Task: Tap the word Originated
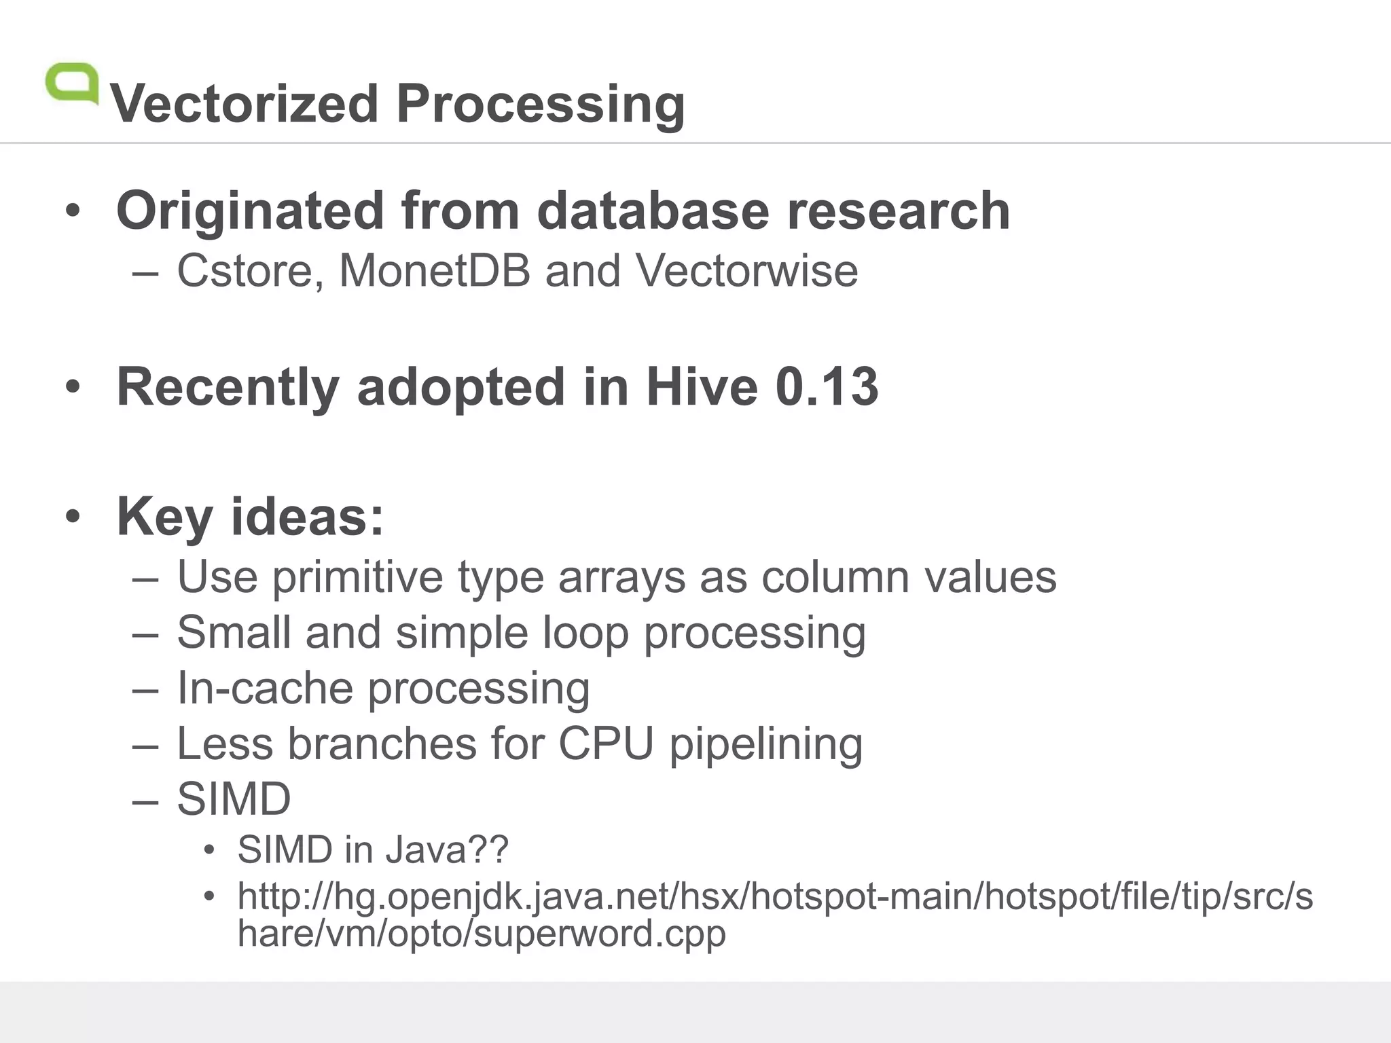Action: click(x=250, y=211)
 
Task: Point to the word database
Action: click(x=653, y=211)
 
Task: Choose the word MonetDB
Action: click(x=435, y=271)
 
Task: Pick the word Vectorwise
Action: click(x=746, y=271)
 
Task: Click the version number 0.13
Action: click(x=827, y=387)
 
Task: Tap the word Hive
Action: click(x=702, y=387)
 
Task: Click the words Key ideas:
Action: click(x=251, y=517)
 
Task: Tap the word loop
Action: click(x=585, y=634)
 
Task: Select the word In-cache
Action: click(x=264, y=689)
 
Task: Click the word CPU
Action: click(x=606, y=744)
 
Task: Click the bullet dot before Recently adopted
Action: click(x=73, y=387)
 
